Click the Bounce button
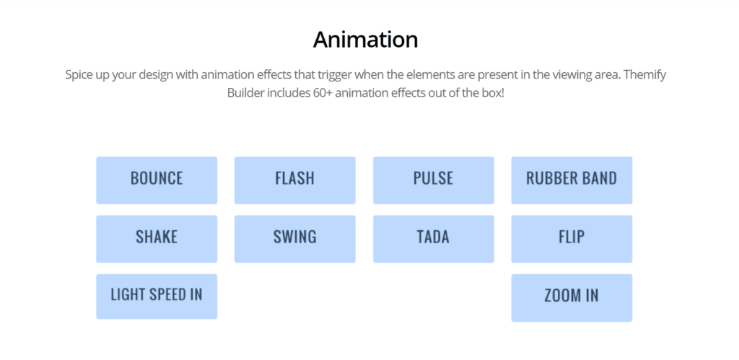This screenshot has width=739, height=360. point(157,180)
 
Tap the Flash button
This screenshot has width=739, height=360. point(295,180)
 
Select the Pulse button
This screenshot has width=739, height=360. point(434,180)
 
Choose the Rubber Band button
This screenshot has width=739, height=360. point(572,180)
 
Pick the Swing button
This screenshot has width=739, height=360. point(295,239)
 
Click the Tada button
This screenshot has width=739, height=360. point(434,239)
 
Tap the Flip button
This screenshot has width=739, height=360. point(572,239)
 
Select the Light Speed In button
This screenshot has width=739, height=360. point(157,297)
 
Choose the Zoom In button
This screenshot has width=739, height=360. point(572,298)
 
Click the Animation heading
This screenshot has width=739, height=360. point(366,40)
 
